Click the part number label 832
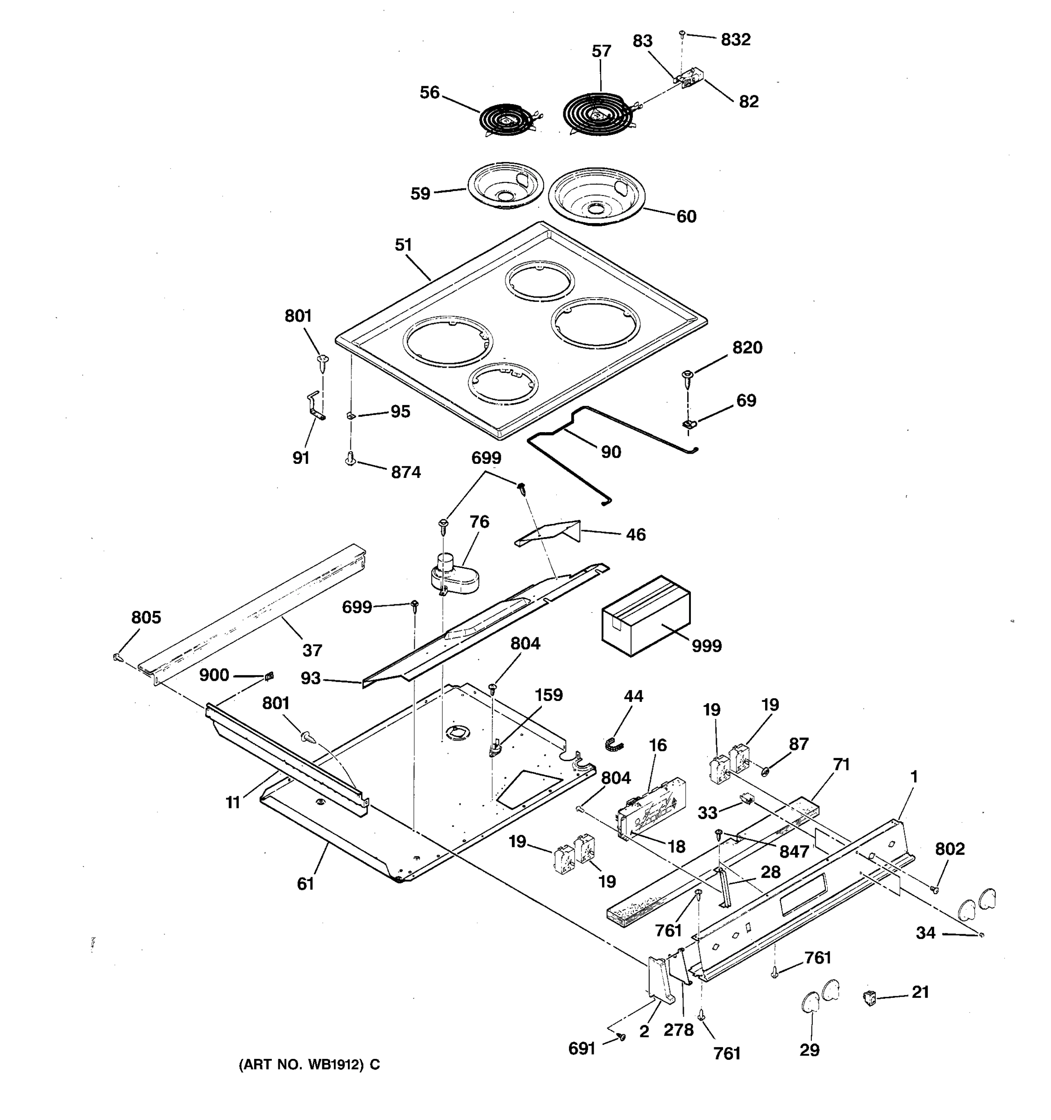click(735, 40)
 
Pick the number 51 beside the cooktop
click(403, 245)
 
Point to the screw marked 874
click(350, 462)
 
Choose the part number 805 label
click(146, 617)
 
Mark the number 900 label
click(214, 675)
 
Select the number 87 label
click(798, 744)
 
